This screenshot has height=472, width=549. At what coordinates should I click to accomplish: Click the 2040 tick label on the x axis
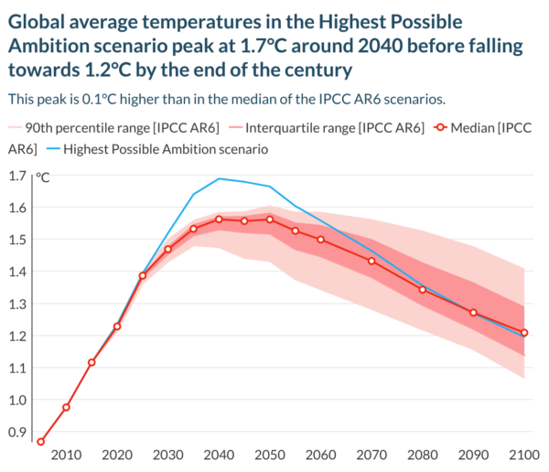(x=219, y=456)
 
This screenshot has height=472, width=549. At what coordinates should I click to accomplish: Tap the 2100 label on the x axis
(x=524, y=456)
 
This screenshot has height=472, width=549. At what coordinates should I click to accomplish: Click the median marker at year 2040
(x=219, y=220)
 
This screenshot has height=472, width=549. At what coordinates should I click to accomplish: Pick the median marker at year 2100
(x=524, y=333)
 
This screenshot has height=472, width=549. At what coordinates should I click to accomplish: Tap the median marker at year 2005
(x=40, y=442)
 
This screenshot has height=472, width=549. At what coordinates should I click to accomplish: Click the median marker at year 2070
(x=371, y=261)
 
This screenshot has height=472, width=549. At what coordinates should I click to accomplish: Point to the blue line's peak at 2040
(x=219, y=178)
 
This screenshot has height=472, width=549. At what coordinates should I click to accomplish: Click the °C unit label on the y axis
(x=43, y=177)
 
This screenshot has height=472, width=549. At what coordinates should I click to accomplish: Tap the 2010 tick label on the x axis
(x=66, y=456)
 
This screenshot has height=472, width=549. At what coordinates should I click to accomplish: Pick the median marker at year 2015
(x=91, y=362)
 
